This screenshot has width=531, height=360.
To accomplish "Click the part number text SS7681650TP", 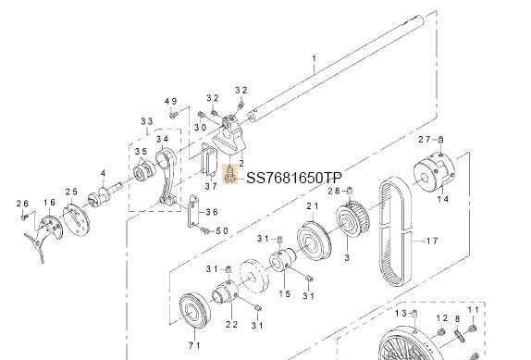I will pyautogui.click(x=293, y=178).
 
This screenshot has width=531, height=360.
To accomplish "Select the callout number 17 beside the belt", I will pyautogui.click(x=430, y=242).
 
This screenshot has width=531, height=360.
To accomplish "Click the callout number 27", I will pyautogui.click(x=425, y=139).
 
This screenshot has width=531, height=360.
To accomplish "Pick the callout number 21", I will pyautogui.click(x=312, y=205).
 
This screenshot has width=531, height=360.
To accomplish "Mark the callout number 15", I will pyautogui.click(x=285, y=293).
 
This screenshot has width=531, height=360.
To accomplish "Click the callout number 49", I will pyautogui.click(x=170, y=101).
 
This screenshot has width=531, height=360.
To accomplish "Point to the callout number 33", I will pyautogui.click(x=146, y=122).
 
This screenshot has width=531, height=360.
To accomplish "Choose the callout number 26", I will pyautogui.click(x=23, y=203).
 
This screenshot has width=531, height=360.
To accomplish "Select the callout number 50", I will pyautogui.click(x=222, y=230).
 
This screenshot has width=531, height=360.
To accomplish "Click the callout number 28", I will pyautogui.click(x=333, y=191).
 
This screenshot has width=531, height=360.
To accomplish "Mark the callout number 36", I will pyautogui.click(x=212, y=211).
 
